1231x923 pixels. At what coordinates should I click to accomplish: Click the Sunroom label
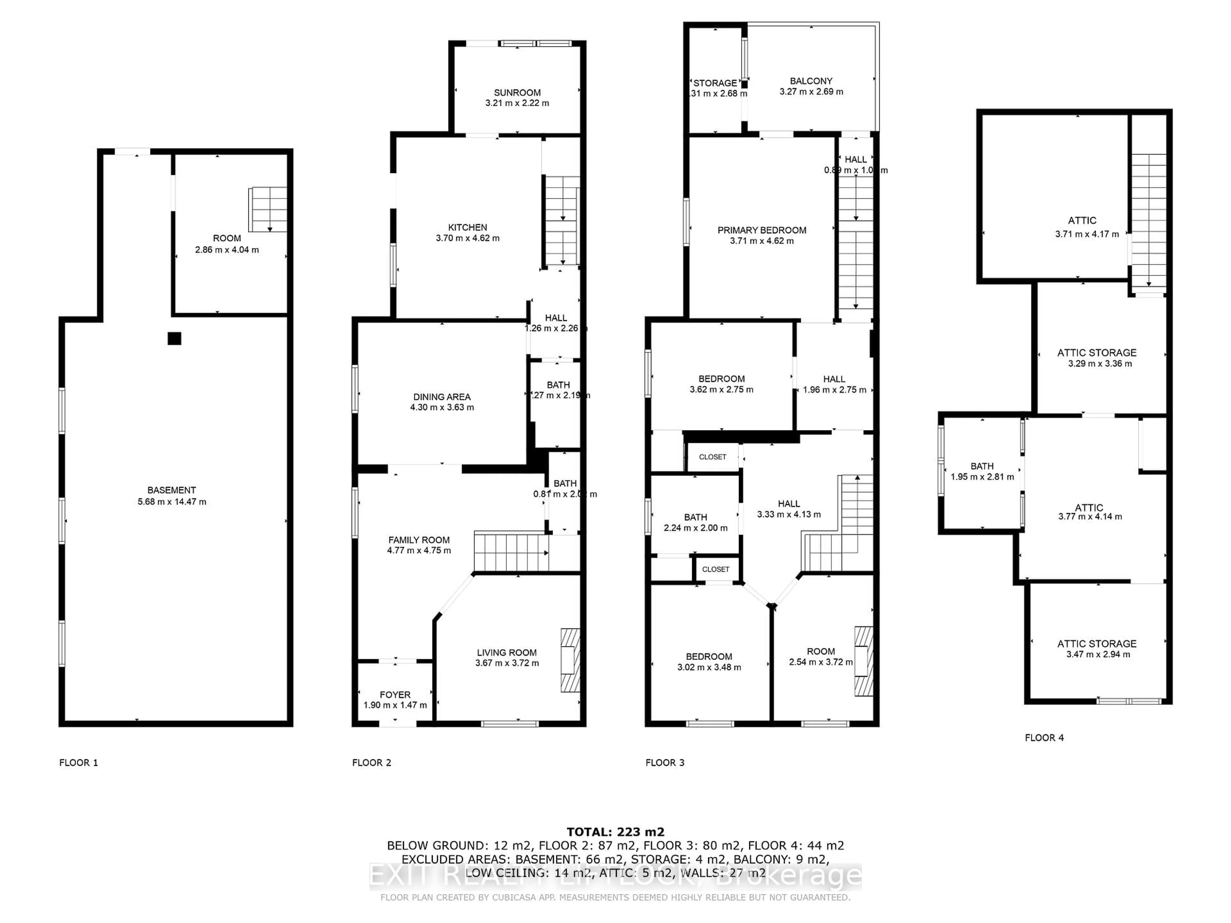517,92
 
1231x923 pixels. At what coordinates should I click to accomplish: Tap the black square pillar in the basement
174,338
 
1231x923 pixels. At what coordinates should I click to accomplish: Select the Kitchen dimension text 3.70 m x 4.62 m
467,238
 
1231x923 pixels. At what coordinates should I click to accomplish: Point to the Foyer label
395,694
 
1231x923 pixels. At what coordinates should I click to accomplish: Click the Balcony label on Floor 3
811,81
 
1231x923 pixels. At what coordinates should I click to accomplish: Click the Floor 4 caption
1044,738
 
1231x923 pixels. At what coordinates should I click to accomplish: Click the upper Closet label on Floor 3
712,457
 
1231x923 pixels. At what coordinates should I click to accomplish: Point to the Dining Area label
442,397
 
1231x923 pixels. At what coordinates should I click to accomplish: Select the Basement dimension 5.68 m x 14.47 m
172,502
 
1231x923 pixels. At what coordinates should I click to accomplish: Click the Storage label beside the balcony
715,83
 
